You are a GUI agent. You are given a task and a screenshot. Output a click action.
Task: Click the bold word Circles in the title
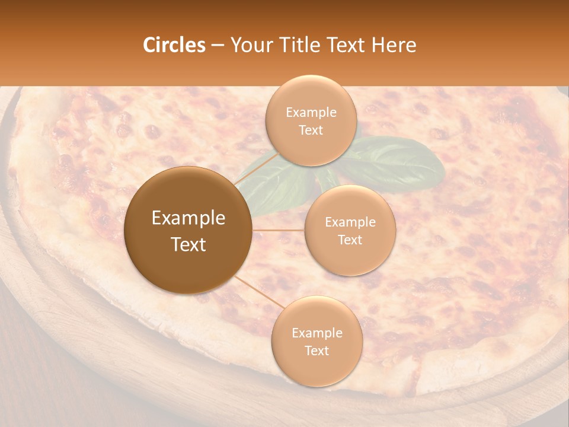pos(174,45)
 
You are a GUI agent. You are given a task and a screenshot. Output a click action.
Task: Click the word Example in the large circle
pos(188,218)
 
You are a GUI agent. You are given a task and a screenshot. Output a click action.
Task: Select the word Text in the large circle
pos(188,244)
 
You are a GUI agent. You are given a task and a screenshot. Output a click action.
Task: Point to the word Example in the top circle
pos(311,113)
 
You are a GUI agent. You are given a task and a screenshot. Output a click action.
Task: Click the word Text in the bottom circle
pos(317,350)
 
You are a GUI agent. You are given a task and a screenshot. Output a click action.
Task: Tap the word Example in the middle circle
pos(350,222)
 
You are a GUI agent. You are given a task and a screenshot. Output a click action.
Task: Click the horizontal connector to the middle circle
pos(279,230)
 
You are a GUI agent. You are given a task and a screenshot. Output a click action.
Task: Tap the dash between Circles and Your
pos(217,45)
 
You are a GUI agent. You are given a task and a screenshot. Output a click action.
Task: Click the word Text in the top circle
pos(311,130)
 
